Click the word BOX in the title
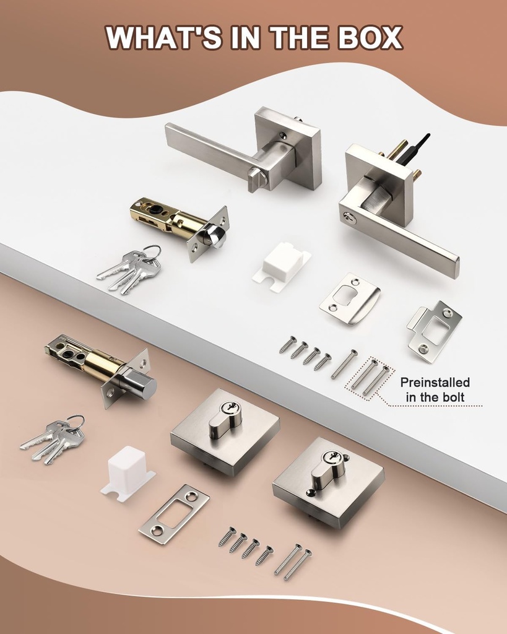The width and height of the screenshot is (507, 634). (x=370, y=38)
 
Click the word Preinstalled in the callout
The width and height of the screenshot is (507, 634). (x=435, y=382)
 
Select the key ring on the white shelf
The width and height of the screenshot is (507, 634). (x=152, y=251)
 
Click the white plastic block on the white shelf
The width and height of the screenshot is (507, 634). (x=282, y=265)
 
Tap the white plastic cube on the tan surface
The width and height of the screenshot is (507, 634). (x=128, y=471)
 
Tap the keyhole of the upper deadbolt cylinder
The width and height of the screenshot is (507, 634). (x=228, y=407)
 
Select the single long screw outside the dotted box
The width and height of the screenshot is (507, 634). (x=344, y=364)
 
